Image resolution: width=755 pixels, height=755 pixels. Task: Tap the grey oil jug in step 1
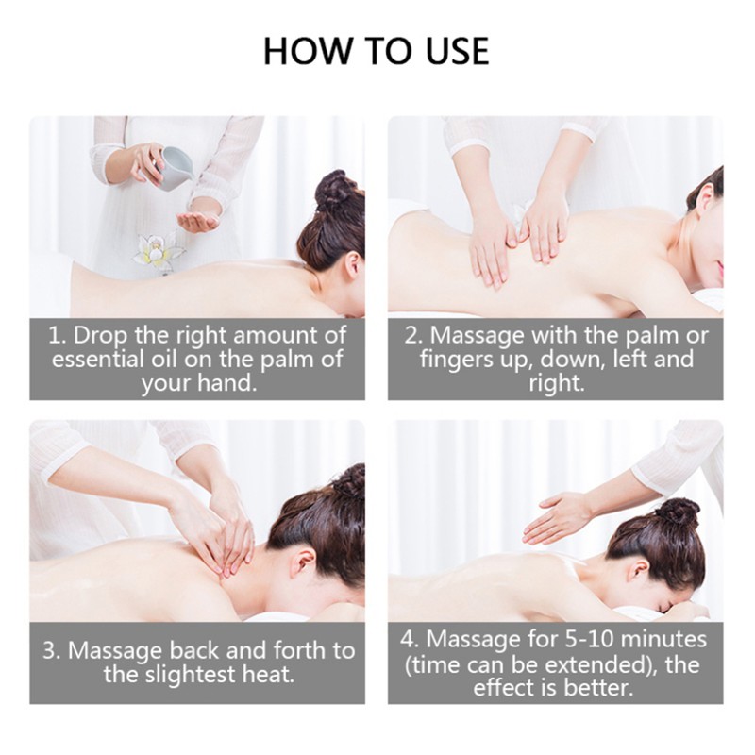tap(175, 168)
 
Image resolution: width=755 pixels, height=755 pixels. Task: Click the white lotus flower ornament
tap(156, 250)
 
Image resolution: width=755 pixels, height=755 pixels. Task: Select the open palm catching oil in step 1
tap(197, 222)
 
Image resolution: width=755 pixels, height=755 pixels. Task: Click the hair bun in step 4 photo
tap(678, 512)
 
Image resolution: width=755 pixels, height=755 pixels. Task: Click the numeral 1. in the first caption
tap(58, 336)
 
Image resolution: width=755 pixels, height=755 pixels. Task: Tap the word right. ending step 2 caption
tap(556, 384)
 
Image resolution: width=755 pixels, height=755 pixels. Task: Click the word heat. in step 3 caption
tap(268, 674)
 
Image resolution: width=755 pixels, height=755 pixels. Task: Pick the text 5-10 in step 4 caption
tap(590, 640)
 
